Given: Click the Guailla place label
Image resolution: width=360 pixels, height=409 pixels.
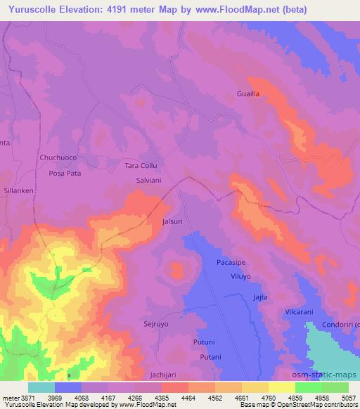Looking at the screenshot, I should point(249,93).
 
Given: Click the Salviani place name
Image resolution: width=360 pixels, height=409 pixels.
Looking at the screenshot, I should point(149,181).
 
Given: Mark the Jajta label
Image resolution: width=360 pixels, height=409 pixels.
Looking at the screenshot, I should point(260,297).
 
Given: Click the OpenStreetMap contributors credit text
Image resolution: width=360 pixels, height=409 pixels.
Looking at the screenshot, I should point(323,405).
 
